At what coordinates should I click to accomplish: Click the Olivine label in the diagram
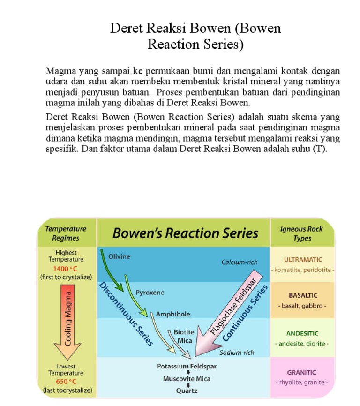119,256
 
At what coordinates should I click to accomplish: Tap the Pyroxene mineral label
150,293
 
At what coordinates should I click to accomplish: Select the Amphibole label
173,314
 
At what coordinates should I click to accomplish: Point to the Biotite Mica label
184,336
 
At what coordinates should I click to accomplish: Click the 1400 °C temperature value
66,269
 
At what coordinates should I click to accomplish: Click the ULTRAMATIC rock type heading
302,259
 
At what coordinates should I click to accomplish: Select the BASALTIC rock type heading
302,295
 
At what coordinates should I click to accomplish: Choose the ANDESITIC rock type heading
302,333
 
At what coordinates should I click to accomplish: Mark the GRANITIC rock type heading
302,372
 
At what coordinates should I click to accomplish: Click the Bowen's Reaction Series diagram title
186,233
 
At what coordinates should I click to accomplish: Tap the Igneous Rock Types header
302,233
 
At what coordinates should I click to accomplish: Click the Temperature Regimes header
66,233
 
